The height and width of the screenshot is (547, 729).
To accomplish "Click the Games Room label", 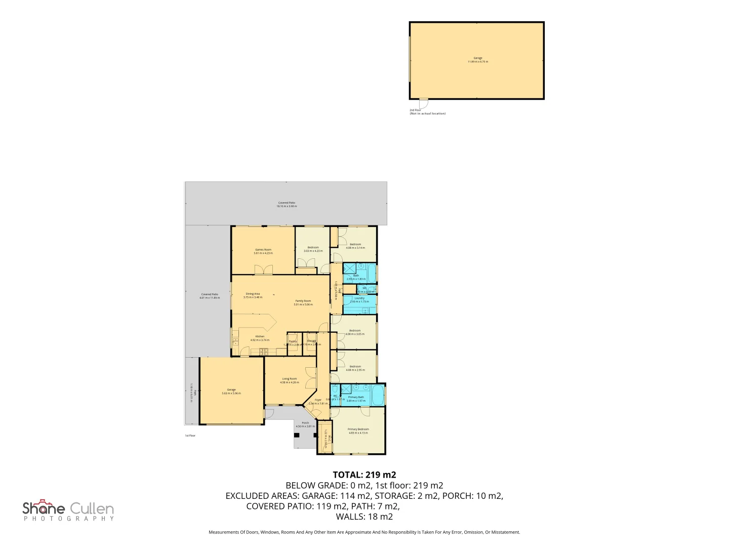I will [x=263, y=251].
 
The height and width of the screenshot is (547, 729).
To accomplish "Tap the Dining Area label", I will [x=253, y=295].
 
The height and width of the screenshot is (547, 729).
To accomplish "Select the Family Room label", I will [x=303, y=302].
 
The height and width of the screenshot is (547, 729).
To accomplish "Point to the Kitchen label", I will [x=260, y=338].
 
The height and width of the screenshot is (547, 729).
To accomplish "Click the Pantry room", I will [x=293, y=343].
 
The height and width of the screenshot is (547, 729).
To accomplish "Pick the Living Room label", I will [x=290, y=380].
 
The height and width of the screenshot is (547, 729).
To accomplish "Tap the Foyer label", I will [x=318, y=401].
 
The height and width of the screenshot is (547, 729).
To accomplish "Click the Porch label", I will [x=305, y=424].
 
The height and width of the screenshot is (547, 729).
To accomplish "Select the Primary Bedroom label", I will [x=358, y=431].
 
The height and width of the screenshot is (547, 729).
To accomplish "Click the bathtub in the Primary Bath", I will [x=377, y=395].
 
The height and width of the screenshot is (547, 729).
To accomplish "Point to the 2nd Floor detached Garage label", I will [x=477, y=59].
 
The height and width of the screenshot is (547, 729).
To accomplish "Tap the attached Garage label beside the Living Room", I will [x=231, y=391].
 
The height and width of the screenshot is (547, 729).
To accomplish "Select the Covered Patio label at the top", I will [x=287, y=204].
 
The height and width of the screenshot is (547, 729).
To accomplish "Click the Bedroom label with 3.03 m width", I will [x=313, y=249].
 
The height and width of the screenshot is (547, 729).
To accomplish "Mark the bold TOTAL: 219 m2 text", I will [x=364, y=475].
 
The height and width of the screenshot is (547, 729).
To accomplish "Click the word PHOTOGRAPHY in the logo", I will [x=69, y=519].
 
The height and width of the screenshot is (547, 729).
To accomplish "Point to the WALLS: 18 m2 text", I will [x=364, y=517].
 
